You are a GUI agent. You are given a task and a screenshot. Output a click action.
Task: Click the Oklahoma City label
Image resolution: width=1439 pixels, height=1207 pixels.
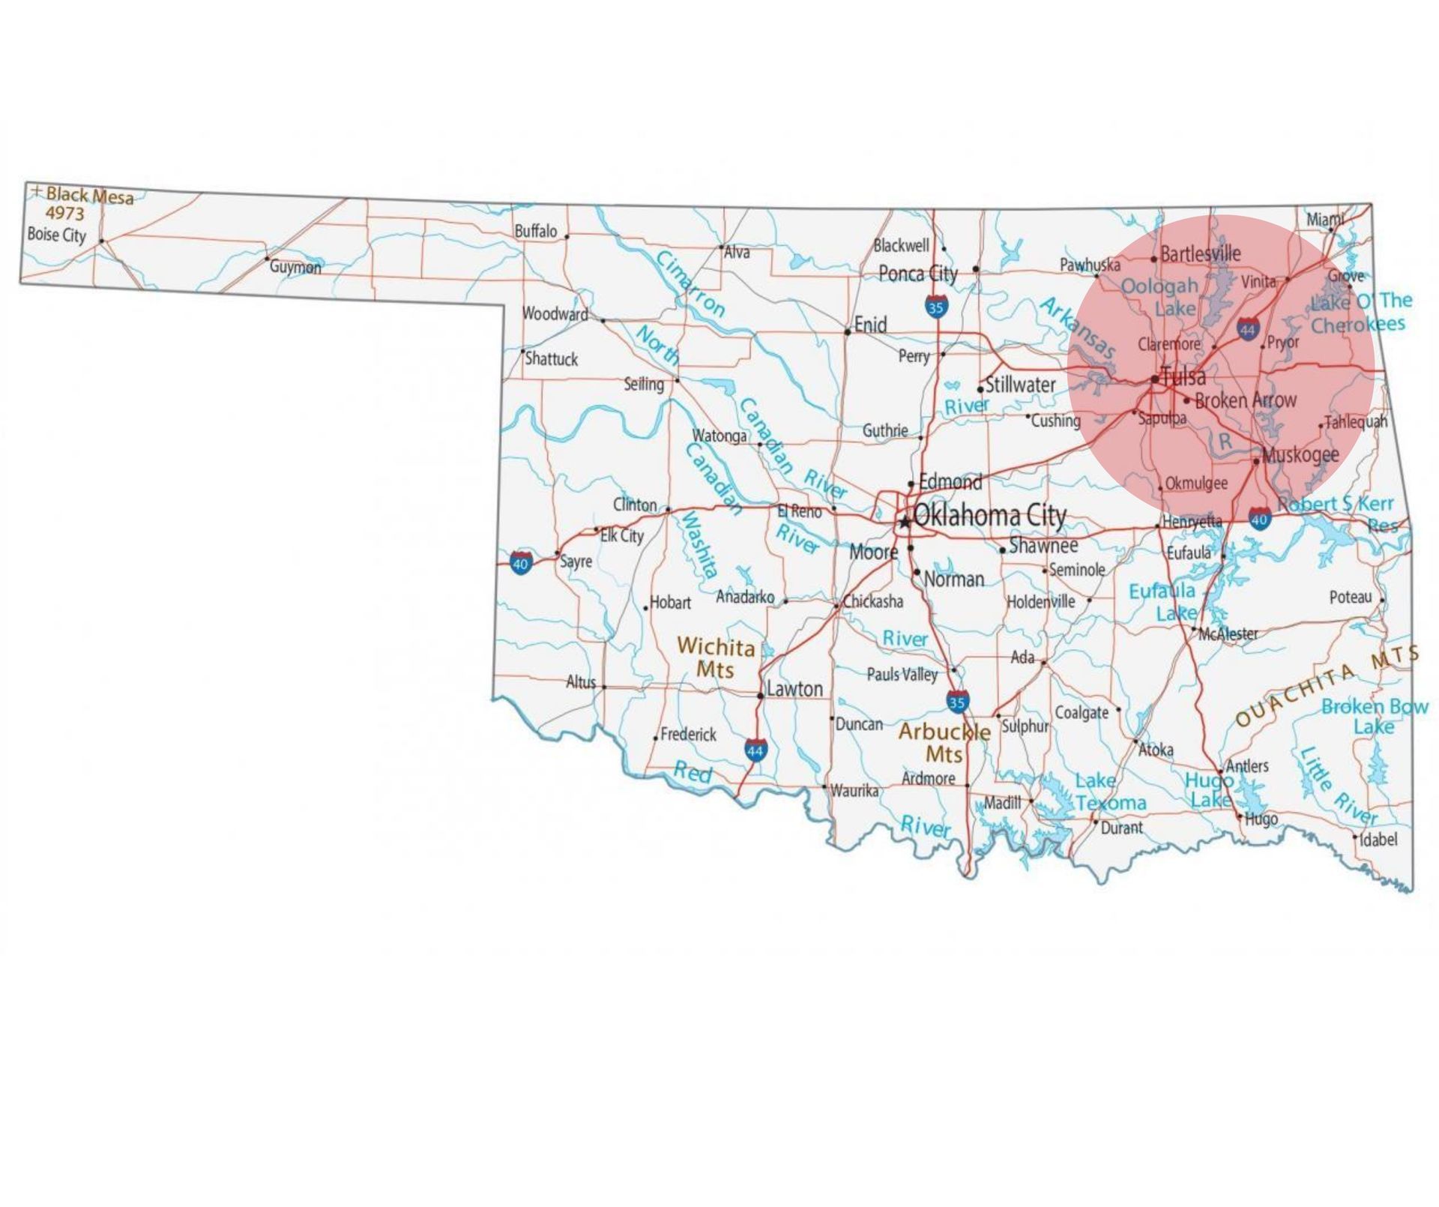[x=989, y=516]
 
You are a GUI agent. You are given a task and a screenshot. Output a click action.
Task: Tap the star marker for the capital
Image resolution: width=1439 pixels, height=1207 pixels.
[x=905, y=522]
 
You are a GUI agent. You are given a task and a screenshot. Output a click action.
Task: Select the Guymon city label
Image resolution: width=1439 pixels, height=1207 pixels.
[x=295, y=267]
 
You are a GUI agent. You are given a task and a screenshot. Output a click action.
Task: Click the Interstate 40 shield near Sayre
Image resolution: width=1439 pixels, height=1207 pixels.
[x=521, y=562]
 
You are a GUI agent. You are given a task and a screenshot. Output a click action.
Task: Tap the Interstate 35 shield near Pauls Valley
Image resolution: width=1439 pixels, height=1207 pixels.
[x=957, y=702]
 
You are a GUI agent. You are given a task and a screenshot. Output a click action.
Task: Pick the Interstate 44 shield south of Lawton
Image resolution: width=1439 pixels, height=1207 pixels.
[x=755, y=749]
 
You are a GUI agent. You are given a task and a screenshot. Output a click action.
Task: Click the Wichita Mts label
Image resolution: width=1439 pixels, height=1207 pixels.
[x=716, y=657]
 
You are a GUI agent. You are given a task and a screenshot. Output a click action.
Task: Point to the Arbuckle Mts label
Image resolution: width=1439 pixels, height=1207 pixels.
[x=944, y=741]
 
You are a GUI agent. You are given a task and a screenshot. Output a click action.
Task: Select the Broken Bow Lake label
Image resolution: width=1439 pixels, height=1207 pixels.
[x=1375, y=716]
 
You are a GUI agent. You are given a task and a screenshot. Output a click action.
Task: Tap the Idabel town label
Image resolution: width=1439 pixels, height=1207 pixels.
[x=1379, y=839]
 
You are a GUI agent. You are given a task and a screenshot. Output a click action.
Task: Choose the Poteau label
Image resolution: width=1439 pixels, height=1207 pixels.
[x=1351, y=598]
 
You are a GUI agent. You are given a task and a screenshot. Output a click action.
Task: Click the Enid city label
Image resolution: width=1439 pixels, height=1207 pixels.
[x=870, y=325]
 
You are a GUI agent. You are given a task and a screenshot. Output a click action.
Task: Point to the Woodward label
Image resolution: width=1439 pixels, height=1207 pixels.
[x=555, y=313]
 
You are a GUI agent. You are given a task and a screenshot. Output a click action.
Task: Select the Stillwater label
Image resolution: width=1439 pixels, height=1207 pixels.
[x=1020, y=385]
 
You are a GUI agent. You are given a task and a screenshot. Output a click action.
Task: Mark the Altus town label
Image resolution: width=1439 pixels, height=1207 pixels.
[x=581, y=682]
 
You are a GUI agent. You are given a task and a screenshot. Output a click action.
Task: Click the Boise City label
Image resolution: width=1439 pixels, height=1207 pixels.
[x=57, y=235]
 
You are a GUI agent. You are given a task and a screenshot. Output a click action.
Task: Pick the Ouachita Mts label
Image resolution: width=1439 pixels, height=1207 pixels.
[x=1327, y=684]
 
